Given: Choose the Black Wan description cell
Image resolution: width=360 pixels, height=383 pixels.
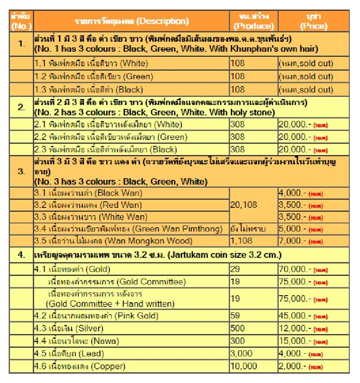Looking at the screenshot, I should (x=131, y=194).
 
